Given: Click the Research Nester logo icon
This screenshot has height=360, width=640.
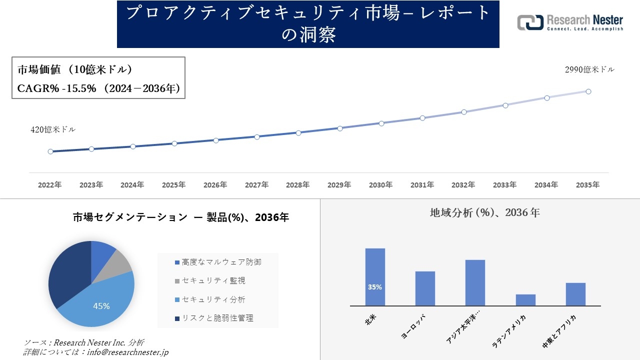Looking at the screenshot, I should [x=530, y=22].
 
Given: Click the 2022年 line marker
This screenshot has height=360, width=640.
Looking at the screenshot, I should [x=50, y=151].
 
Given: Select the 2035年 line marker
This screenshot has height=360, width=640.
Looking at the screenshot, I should [x=588, y=91].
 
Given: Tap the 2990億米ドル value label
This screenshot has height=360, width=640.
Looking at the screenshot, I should [x=589, y=70].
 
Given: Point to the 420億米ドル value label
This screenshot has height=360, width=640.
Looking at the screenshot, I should [x=53, y=129].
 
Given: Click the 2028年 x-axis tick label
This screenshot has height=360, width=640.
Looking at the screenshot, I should [x=298, y=185].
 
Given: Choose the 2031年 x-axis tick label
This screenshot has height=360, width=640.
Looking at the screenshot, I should [x=422, y=185].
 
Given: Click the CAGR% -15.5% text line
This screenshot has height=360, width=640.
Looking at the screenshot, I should [x=98, y=88].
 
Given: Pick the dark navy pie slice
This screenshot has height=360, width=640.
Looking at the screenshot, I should [x=67, y=275].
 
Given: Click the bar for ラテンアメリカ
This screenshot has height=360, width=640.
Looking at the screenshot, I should [x=525, y=300].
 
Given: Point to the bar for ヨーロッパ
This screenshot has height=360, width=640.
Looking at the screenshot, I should [x=425, y=288].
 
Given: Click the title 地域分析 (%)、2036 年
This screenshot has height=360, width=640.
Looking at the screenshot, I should [x=484, y=212].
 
